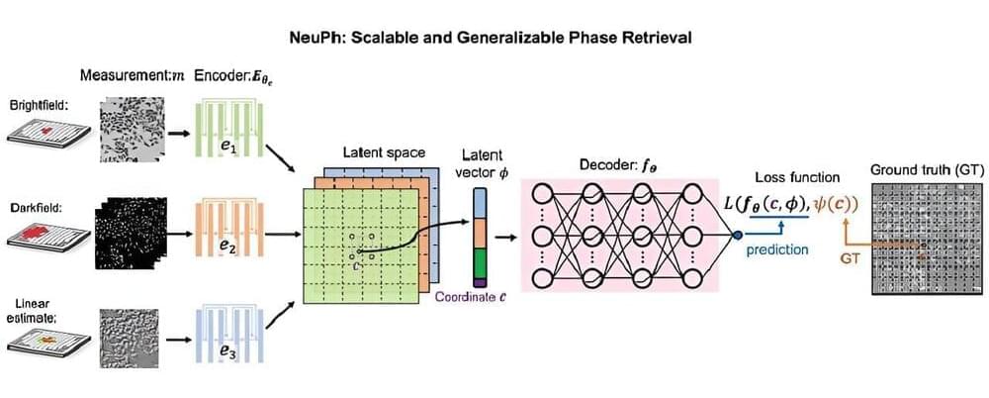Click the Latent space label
[x=384, y=153]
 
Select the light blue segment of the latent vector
[x=481, y=204]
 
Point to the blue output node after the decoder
[x=737, y=235]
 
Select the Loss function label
[x=797, y=177]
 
